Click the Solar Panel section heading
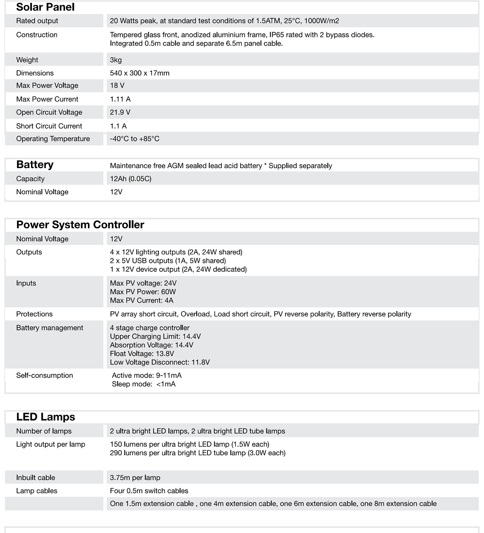pyautogui.click(x=45, y=7)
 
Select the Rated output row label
pyautogui.click(x=37, y=21)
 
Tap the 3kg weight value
pyautogui.click(x=116, y=60)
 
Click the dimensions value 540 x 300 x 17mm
pyautogui.click(x=140, y=73)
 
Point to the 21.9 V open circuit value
pyautogui.click(x=120, y=112)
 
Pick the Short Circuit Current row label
pyautogui.click(x=49, y=126)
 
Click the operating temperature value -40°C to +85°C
pyautogui.click(x=135, y=139)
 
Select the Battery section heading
pyautogui.click(x=35, y=164)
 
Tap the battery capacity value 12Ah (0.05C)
pyautogui.click(x=131, y=179)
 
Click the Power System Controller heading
pyautogui.click(x=80, y=225)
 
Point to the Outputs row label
pyautogui.click(x=29, y=252)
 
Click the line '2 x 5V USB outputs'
pyautogui.click(x=168, y=261)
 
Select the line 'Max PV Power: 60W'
pyautogui.click(x=143, y=292)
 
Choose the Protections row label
pyautogui.click(x=34, y=314)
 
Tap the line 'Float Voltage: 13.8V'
pyautogui.click(x=142, y=354)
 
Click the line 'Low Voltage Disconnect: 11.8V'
pyautogui.click(x=160, y=362)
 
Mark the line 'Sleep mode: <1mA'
pyautogui.click(x=144, y=384)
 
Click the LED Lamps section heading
pyautogui.click(x=45, y=417)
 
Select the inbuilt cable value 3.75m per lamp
pyautogui.click(x=135, y=477)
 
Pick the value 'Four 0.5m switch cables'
pyautogui.click(x=149, y=491)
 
